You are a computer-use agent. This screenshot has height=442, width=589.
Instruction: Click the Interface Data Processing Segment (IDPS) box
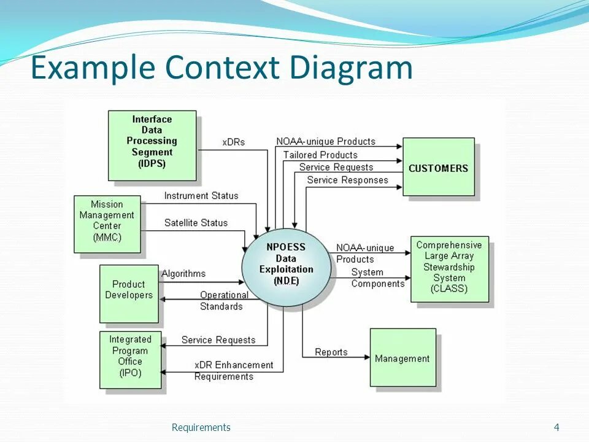(x=152, y=145)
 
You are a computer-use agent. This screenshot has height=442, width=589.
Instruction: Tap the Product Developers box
(x=129, y=293)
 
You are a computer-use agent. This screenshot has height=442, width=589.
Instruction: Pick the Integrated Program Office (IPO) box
(x=130, y=360)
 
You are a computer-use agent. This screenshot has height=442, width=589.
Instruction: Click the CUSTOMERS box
(x=438, y=167)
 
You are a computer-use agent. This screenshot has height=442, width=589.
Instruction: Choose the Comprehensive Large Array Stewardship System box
(x=449, y=268)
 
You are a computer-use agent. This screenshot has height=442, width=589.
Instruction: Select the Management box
(x=402, y=357)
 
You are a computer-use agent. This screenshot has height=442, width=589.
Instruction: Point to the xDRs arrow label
(x=233, y=142)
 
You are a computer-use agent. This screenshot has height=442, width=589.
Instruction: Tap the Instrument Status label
(x=201, y=196)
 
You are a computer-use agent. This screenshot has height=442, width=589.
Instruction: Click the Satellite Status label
(x=196, y=223)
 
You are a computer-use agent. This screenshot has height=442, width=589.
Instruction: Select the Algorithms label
(x=183, y=273)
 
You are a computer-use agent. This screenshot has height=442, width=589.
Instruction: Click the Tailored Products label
(x=320, y=155)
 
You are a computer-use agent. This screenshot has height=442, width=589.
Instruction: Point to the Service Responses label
(x=347, y=180)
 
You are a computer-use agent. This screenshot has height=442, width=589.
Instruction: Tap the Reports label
(x=331, y=352)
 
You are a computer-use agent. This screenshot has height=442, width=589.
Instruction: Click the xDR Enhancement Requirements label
(x=233, y=370)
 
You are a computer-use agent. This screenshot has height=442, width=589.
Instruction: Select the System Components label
(x=377, y=277)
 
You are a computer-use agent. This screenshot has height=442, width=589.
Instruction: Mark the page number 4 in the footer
(x=556, y=427)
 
